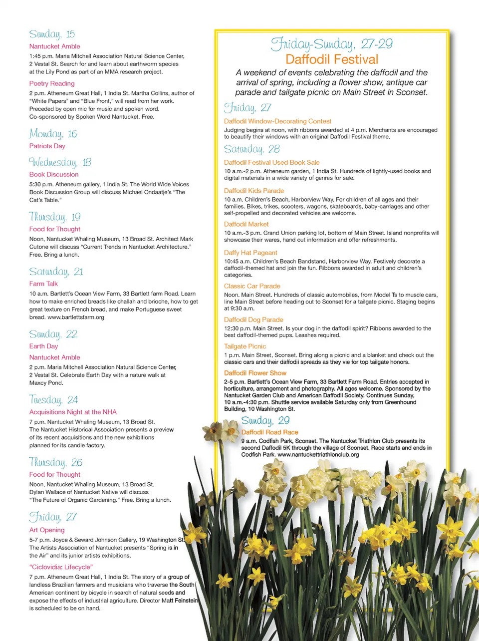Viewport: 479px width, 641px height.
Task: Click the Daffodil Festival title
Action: tap(332, 59)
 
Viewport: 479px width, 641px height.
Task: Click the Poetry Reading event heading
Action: tap(52, 83)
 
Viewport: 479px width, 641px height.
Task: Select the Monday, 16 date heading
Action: tap(53, 134)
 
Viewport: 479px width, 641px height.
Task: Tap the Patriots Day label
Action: tap(47, 146)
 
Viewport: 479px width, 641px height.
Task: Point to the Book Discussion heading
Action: tap(54, 174)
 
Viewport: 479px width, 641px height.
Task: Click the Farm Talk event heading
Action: tap(43, 284)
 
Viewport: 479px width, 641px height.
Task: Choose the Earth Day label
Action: tap(43, 346)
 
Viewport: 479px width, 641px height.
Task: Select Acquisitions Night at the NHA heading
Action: tap(73, 412)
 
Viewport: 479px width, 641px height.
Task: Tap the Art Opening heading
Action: tap(47, 530)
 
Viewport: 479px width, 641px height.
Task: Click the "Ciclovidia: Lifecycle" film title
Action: tap(61, 567)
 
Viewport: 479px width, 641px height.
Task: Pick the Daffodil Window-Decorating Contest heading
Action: tap(277, 121)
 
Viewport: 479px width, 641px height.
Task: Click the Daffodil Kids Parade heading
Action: tap(254, 191)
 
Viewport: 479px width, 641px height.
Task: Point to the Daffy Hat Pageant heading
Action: tap(250, 253)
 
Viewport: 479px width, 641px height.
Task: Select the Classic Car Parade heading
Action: tap(252, 286)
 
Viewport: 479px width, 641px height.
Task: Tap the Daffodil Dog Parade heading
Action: tap(253, 320)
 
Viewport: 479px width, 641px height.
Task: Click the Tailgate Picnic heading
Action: tap(245, 346)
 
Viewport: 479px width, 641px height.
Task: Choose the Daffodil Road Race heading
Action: tap(269, 432)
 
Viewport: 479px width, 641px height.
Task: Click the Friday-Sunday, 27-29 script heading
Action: tap(332, 44)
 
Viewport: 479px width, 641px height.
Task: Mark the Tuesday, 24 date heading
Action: tap(53, 400)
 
